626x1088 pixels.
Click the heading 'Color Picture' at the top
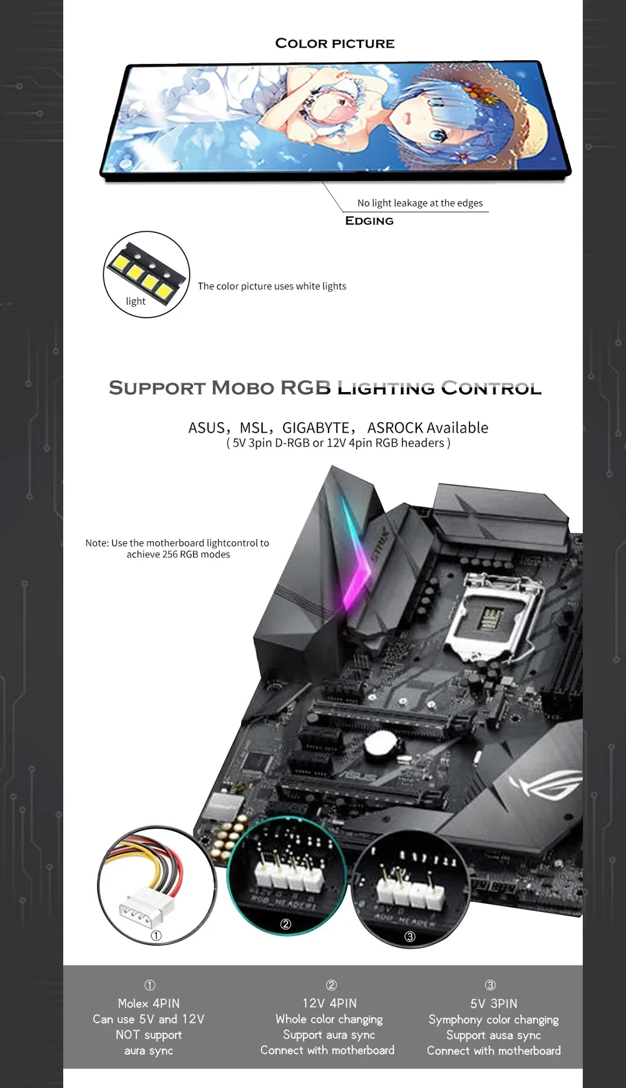pyautogui.click(x=335, y=43)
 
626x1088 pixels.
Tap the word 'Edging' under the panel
pyautogui.click(x=369, y=220)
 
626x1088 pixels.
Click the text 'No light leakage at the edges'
pyautogui.click(x=420, y=203)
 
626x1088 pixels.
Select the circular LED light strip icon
pyautogui.click(x=146, y=274)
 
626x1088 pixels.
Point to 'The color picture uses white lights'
pyautogui.click(x=272, y=286)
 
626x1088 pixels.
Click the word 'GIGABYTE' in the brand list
pyautogui.click(x=316, y=428)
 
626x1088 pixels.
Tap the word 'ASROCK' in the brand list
pyautogui.click(x=395, y=428)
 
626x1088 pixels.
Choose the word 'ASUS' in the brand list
pyautogui.click(x=206, y=428)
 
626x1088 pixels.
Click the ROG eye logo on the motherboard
pyautogui.click(x=545, y=783)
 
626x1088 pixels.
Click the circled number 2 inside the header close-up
pyautogui.click(x=285, y=924)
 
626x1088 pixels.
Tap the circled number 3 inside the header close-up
pyautogui.click(x=410, y=936)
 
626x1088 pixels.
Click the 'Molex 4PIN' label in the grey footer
pyautogui.click(x=148, y=1003)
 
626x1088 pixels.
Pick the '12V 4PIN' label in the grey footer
pyautogui.click(x=329, y=1003)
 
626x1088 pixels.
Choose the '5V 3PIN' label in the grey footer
pyautogui.click(x=494, y=1003)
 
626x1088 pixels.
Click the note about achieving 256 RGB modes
pyautogui.click(x=178, y=549)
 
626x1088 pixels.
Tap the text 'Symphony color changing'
pyautogui.click(x=493, y=1020)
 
